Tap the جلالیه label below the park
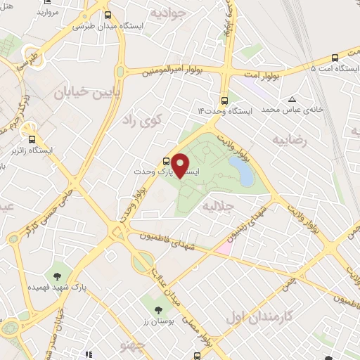(217, 207)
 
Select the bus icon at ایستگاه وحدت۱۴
(224, 100)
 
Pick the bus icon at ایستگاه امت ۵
(335, 58)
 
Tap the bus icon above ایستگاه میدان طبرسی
(107, 15)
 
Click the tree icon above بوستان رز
(158, 309)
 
